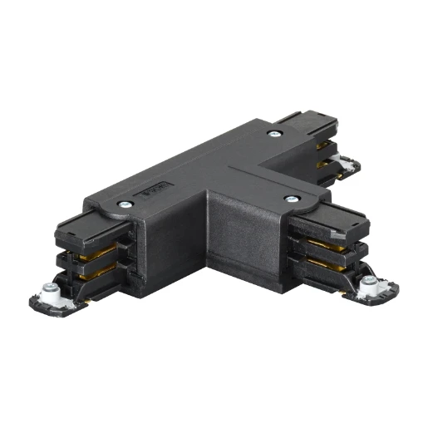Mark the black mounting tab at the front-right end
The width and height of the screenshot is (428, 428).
point(374,293)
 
